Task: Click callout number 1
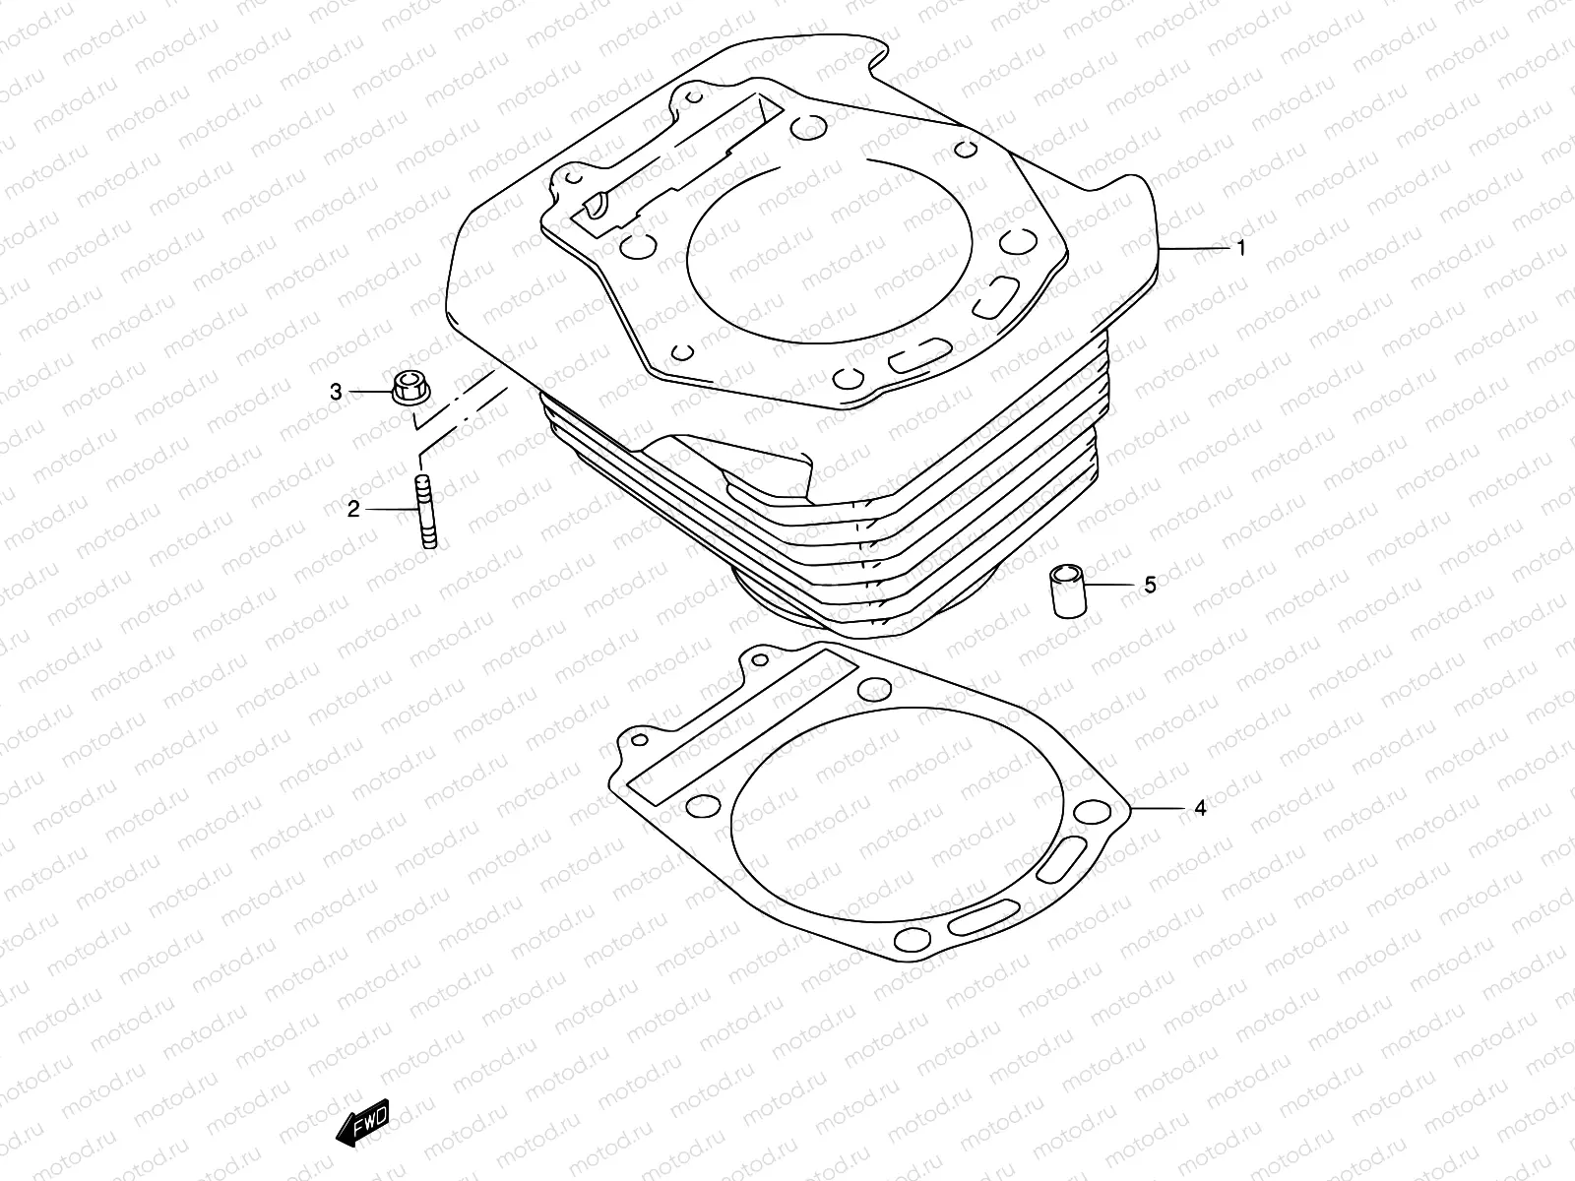(1240, 249)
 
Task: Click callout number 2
(352, 509)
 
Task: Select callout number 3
(336, 393)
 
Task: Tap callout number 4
(1199, 809)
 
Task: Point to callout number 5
(1150, 586)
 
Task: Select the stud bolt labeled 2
(426, 510)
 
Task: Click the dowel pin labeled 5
(1066, 590)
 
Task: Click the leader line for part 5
(1112, 586)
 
